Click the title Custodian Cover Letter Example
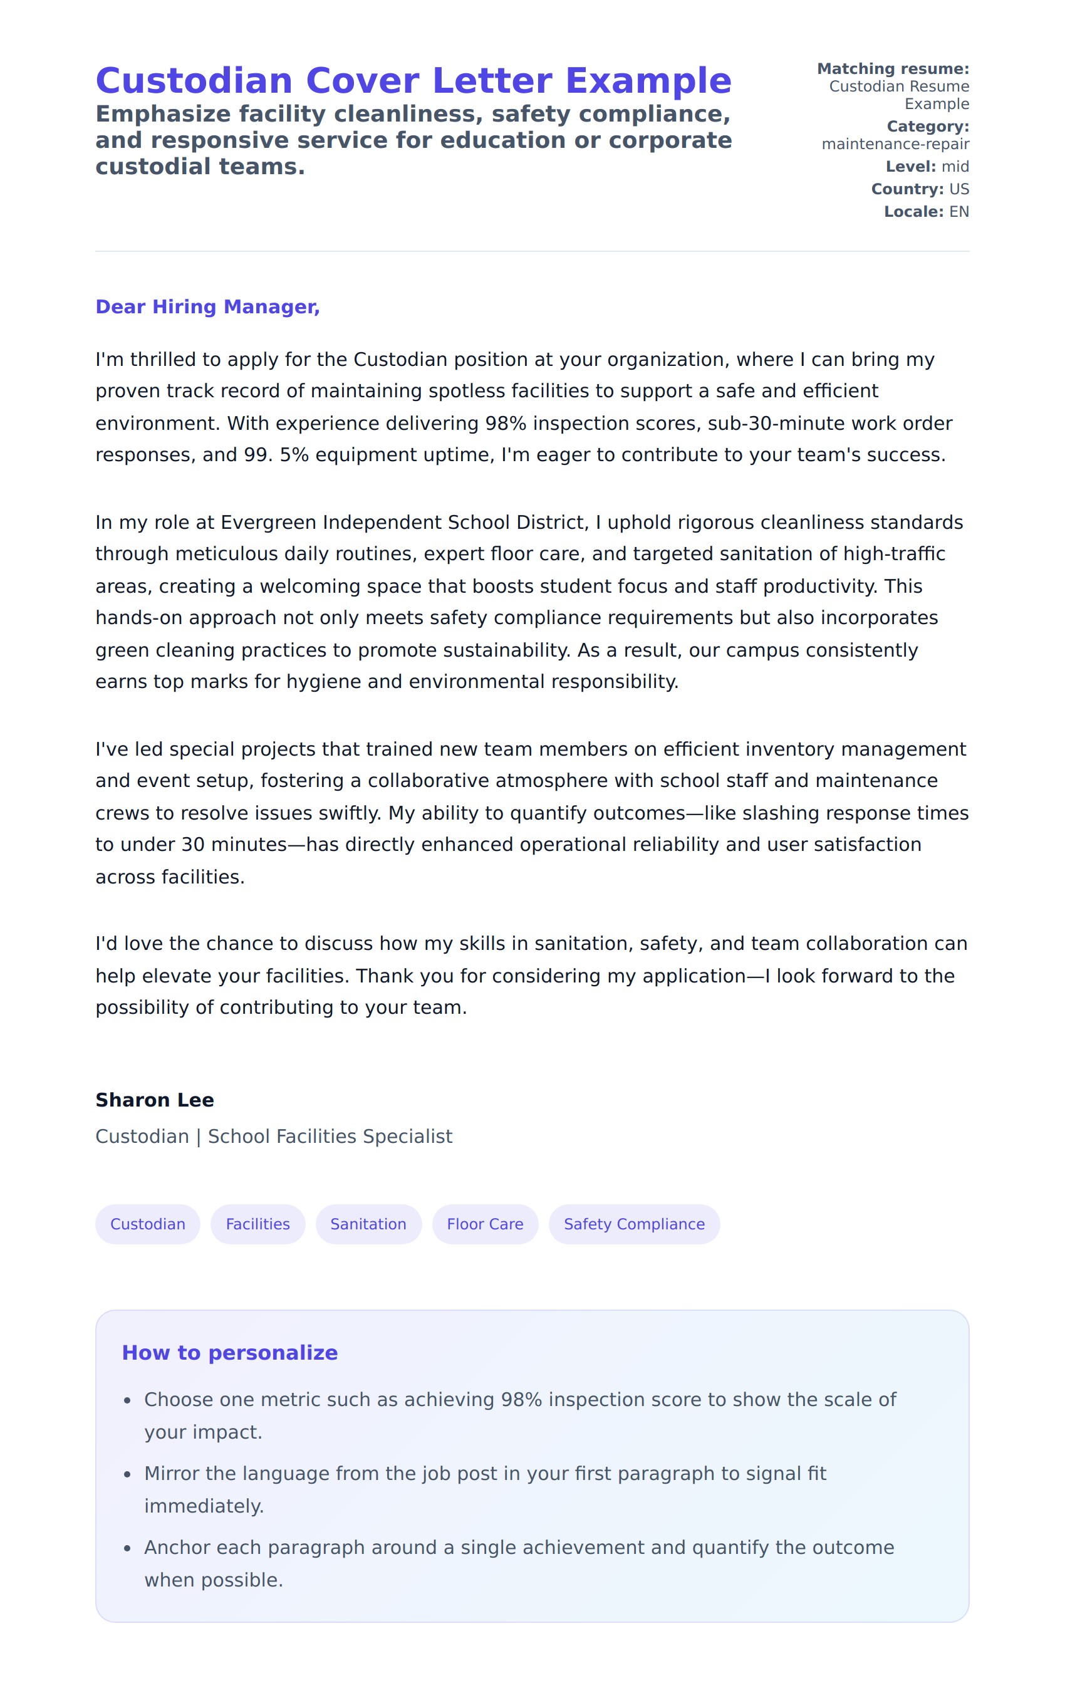413,81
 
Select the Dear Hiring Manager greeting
207,307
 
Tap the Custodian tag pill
147,1224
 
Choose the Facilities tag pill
258,1224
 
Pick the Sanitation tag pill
368,1224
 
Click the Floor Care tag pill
485,1224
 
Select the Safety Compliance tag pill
634,1224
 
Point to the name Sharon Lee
155,1100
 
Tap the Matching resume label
893,69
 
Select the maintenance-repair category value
895,144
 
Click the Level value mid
955,166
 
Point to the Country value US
958,189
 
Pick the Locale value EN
958,211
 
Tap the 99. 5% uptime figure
276,455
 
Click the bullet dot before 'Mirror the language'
127,1475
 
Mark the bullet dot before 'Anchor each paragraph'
127,1549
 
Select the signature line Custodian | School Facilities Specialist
274,1137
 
